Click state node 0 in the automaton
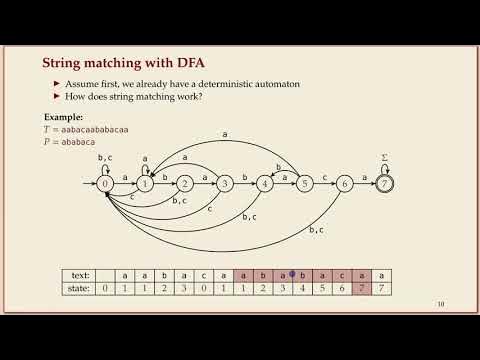coord(105,184)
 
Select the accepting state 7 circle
coord(385,184)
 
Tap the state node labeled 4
coord(265,184)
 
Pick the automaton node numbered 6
coord(345,184)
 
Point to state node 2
coord(185,184)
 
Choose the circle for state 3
coord(225,184)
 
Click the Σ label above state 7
coord(385,157)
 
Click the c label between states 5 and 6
coord(325,178)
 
